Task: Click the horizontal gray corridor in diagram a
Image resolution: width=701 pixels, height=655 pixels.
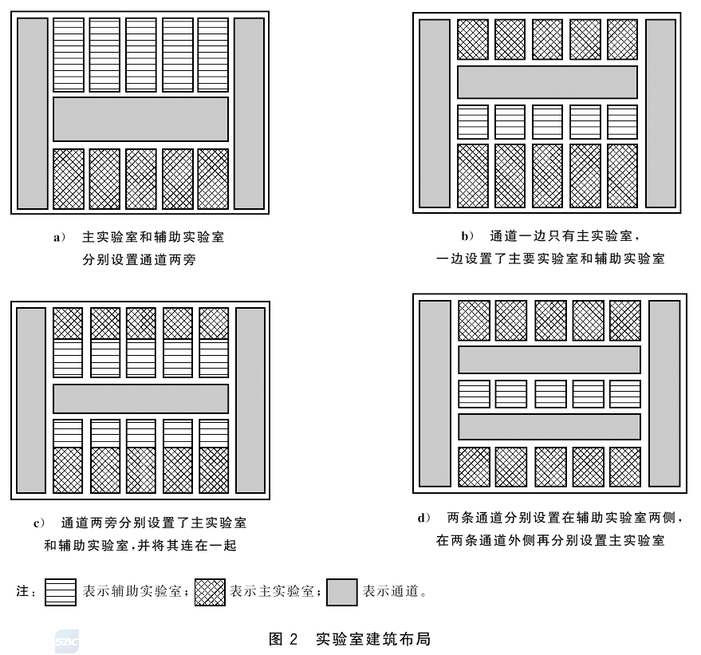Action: [x=141, y=120]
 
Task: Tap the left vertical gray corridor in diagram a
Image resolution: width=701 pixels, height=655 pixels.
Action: [x=33, y=113]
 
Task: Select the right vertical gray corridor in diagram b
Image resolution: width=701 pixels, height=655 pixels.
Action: [x=661, y=113]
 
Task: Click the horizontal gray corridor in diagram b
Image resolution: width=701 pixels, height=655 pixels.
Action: [x=547, y=82]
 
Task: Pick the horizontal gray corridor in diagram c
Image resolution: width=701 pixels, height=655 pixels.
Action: [x=141, y=399]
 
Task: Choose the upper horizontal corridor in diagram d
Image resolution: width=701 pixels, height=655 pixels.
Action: [x=549, y=360]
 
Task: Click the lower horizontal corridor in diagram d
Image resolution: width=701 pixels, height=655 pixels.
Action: [x=549, y=427]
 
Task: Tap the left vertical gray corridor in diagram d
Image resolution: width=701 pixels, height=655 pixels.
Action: [x=435, y=393]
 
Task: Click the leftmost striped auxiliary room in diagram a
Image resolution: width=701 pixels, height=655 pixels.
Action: [x=69, y=55]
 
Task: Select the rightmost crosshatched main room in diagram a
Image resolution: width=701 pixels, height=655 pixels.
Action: [x=213, y=179]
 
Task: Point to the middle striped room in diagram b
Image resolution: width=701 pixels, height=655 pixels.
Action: [x=547, y=122]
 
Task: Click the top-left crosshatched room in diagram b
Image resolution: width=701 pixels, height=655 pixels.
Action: [x=473, y=39]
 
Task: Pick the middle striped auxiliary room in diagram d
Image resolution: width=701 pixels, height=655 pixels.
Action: [x=551, y=394]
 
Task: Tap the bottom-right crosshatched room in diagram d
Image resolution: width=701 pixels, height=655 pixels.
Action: [x=625, y=467]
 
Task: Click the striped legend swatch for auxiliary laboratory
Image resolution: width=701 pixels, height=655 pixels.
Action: [x=61, y=593]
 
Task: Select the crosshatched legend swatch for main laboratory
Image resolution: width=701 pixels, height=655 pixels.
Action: [x=210, y=593]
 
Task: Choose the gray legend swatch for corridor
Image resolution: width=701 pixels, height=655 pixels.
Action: [x=342, y=593]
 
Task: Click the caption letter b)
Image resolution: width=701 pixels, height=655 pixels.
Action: [x=467, y=236]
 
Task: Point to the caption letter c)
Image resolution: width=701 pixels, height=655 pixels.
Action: [x=39, y=523]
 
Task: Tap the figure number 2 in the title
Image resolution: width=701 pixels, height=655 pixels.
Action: [x=293, y=639]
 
